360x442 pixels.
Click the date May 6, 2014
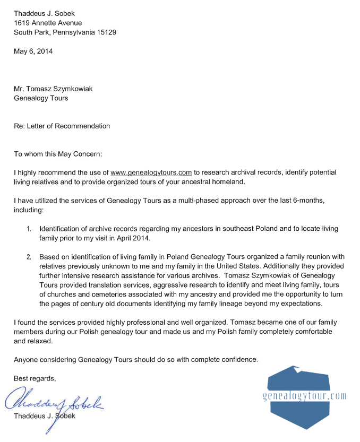[x=33, y=51]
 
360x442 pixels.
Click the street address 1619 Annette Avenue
[x=48, y=23]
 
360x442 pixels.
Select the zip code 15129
[x=106, y=32]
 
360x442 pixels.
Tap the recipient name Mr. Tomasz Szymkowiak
[x=53, y=89]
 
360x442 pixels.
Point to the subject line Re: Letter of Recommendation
[x=62, y=126]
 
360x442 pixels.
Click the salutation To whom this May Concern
[x=57, y=154]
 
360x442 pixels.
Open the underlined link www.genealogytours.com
[x=151, y=172]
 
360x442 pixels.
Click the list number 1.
[x=29, y=229]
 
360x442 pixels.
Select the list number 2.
[x=29, y=257]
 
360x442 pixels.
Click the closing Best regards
[x=35, y=378]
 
